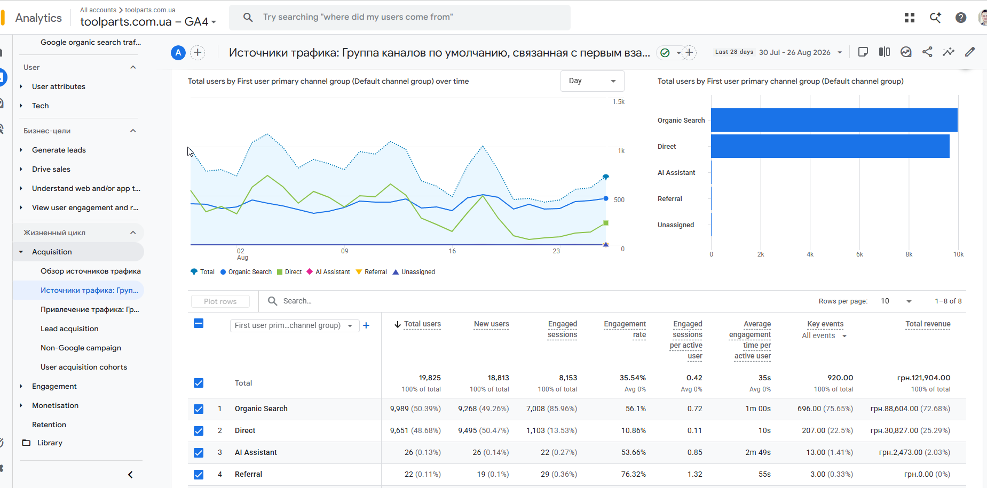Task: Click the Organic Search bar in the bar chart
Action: coord(834,120)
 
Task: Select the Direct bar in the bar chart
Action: coord(830,146)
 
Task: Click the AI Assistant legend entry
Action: coord(328,272)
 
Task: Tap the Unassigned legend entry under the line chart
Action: coord(414,272)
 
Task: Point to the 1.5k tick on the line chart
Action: coord(619,102)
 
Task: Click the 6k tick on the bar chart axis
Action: coord(859,254)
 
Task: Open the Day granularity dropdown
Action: coord(592,81)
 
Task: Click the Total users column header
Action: coord(422,324)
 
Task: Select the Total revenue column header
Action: coord(928,324)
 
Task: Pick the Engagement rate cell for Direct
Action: coord(634,430)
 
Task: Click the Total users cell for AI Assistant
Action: coord(422,452)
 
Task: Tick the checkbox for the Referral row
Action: coord(199,474)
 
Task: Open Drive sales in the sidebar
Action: coord(51,169)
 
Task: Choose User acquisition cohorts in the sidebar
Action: coord(84,367)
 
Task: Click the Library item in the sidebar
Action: coord(50,443)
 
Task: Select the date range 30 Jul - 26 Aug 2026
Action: coord(795,52)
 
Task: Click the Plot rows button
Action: coord(220,301)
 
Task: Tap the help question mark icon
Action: coord(961,18)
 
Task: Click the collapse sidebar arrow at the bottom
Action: coord(130,475)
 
